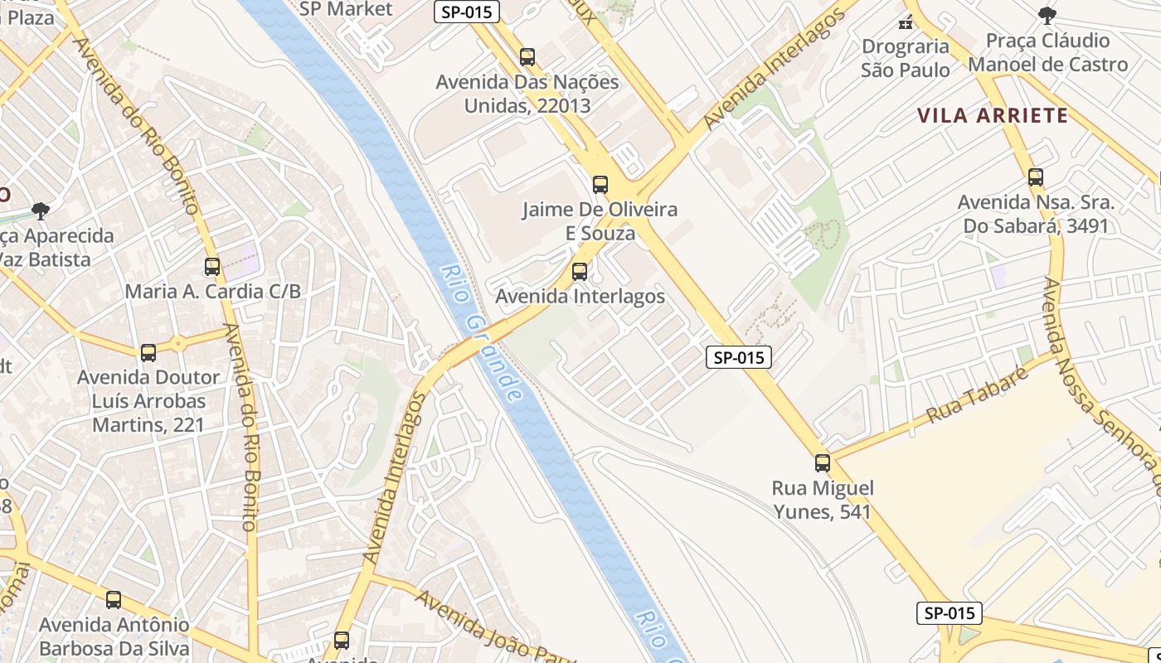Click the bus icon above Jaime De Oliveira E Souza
click(x=600, y=184)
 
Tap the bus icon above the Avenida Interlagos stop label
click(x=580, y=271)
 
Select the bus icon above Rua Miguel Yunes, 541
click(x=823, y=463)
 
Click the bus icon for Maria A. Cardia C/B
click(x=212, y=266)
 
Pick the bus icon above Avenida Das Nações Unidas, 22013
click(x=527, y=57)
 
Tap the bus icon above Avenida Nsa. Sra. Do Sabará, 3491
click(x=1036, y=177)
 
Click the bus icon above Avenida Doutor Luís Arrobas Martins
click(x=148, y=352)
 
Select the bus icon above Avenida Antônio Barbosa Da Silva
click(x=114, y=599)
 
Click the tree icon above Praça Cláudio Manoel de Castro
click(x=1047, y=15)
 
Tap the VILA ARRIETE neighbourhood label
click(x=993, y=115)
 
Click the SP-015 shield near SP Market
click(x=467, y=12)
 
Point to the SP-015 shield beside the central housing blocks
click(x=739, y=357)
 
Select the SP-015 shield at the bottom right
click(x=950, y=613)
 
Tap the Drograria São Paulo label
click(x=906, y=58)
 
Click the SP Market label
click(x=346, y=9)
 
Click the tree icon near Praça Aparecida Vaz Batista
click(x=40, y=211)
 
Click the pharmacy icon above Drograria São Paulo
click(x=906, y=21)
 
